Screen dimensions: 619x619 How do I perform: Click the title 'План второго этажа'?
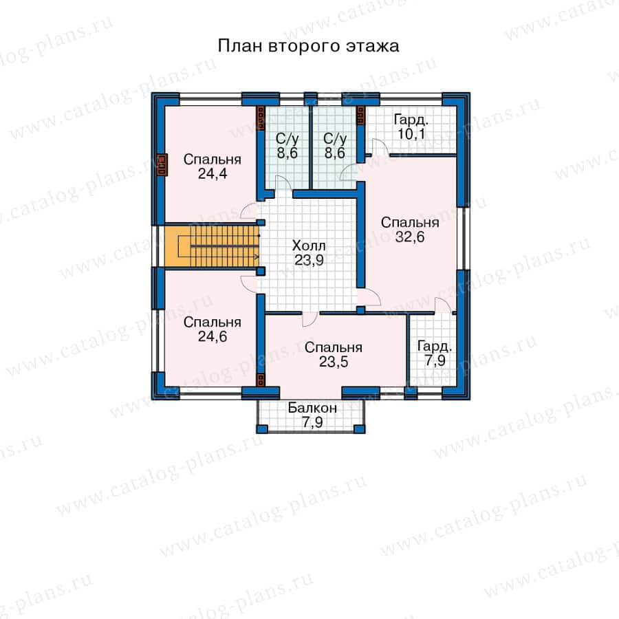pyautogui.click(x=308, y=46)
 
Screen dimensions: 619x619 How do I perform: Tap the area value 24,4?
pyautogui.click(x=213, y=174)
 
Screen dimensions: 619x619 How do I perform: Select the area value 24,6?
pyautogui.click(x=213, y=337)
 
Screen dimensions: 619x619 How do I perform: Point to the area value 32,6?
pyautogui.click(x=410, y=237)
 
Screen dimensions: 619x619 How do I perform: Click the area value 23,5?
pyautogui.click(x=334, y=362)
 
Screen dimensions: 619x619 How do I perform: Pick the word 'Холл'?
pyautogui.click(x=309, y=246)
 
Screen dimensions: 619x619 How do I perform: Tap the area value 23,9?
pyautogui.click(x=309, y=260)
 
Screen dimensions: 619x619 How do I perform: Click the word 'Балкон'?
pyautogui.click(x=312, y=408)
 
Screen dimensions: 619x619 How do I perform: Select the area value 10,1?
pyautogui.click(x=411, y=134)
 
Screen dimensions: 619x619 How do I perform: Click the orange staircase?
pyautogui.click(x=212, y=246)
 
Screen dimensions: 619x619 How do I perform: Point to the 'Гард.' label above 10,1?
pyautogui.click(x=411, y=120)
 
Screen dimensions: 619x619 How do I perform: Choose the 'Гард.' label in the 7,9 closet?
pyautogui.click(x=435, y=347)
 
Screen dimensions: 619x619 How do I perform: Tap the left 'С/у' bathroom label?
pyautogui.click(x=287, y=138)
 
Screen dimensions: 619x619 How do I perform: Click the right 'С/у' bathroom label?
pyautogui.click(x=335, y=138)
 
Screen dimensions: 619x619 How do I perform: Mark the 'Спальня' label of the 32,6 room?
pyautogui.click(x=410, y=223)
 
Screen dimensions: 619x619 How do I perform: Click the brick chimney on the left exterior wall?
pyautogui.click(x=162, y=164)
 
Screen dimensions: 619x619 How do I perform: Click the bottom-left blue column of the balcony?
pyautogui.click(x=262, y=429)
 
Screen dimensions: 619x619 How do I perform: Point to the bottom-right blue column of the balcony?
pyautogui.click(x=359, y=429)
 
